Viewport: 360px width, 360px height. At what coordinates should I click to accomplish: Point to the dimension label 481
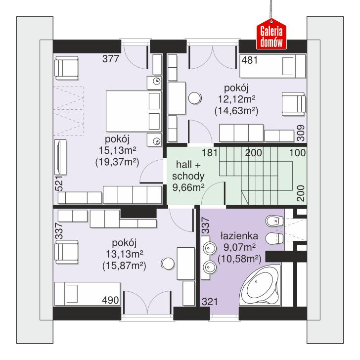[250, 60]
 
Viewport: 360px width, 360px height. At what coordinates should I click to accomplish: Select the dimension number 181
[210, 153]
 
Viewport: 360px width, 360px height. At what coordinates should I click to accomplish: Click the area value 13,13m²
[124, 254]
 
